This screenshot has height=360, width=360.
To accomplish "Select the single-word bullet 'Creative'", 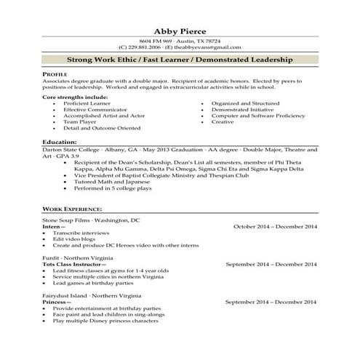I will coord(223,121).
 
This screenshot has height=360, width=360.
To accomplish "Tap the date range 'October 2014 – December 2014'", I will coord(275,226).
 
